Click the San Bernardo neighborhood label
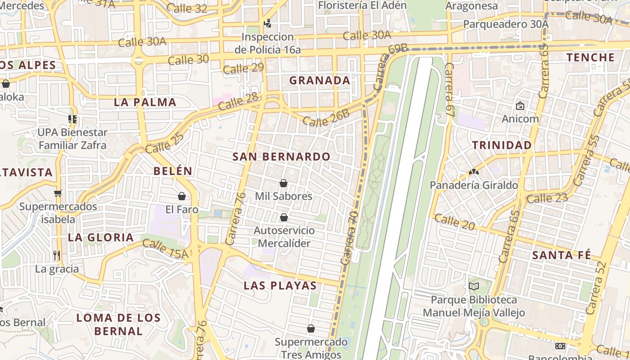[x=281, y=157]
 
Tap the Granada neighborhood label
[x=319, y=81]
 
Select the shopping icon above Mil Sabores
[x=283, y=183]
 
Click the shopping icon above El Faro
[x=182, y=196]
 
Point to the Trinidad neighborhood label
[x=502, y=145]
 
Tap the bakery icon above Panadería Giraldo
[x=473, y=171]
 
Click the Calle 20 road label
[x=454, y=222]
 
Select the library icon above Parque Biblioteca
[x=473, y=286]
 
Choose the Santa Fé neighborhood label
[x=561, y=255]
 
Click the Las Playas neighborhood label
[x=280, y=286]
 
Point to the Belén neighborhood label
[x=173, y=171]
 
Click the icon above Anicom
[x=520, y=106]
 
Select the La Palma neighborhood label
[x=145, y=102]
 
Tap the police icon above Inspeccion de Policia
[x=268, y=23]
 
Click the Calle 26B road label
[x=326, y=118]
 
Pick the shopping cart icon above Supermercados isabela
[x=58, y=193]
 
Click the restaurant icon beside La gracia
[x=56, y=256]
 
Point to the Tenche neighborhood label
[x=590, y=58]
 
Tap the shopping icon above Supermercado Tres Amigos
[x=310, y=328]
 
